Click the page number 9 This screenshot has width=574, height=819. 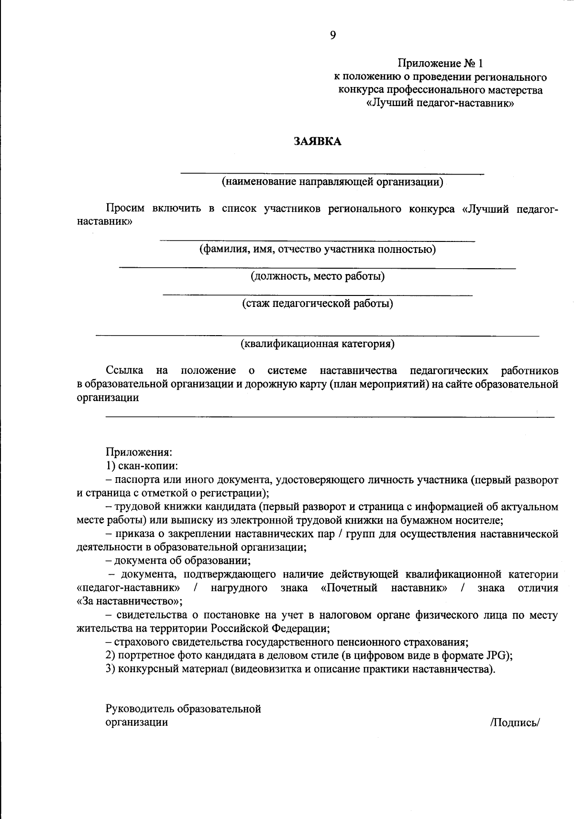[333, 35]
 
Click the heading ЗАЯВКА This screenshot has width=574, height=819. [318, 142]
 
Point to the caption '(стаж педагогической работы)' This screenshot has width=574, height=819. [318, 304]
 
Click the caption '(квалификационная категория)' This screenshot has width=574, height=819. [317, 344]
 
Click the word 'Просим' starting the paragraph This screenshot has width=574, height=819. [125, 209]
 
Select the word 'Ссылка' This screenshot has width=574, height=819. [124, 371]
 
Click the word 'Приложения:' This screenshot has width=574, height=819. [139, 452]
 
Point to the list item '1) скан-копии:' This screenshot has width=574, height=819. [142, 466]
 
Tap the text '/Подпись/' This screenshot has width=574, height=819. [514, 722]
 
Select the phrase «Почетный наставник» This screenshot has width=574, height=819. [384, 588]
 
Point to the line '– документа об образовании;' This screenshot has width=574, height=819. [178, 560]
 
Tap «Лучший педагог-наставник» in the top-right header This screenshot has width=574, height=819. [440, 103]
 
